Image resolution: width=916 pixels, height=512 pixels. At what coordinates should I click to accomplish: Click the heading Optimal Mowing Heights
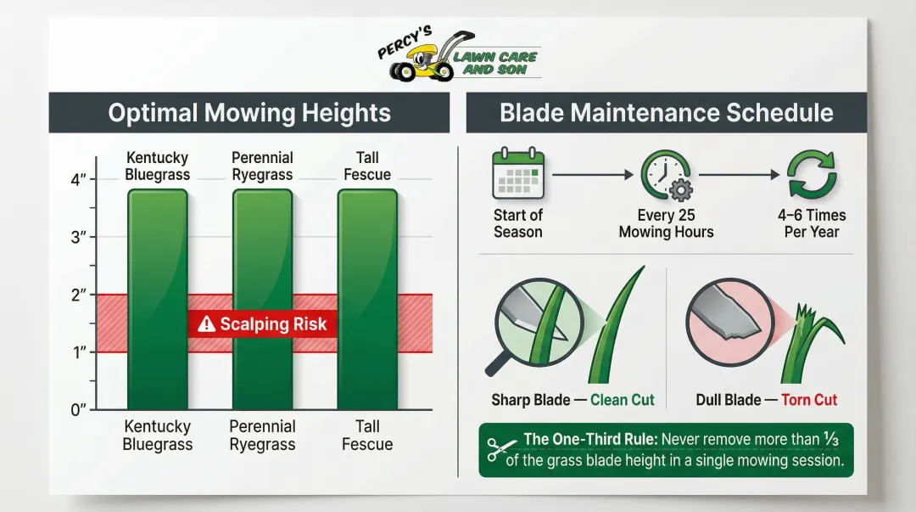249,113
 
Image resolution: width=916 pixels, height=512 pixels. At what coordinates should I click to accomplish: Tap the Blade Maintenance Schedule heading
667,113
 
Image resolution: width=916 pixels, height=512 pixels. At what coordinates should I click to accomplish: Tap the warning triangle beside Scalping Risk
206,324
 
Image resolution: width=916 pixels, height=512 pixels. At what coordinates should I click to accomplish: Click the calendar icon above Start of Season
517,174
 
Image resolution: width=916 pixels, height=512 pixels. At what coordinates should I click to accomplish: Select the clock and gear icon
666,175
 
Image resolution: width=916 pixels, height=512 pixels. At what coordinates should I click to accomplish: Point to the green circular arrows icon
812,174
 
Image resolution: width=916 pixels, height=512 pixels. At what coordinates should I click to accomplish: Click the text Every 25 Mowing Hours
666,223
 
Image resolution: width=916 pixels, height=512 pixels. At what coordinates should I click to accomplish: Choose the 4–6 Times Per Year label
812,223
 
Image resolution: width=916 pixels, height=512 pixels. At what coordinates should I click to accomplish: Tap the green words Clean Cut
623,400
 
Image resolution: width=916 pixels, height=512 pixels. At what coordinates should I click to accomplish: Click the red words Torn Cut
808,400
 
